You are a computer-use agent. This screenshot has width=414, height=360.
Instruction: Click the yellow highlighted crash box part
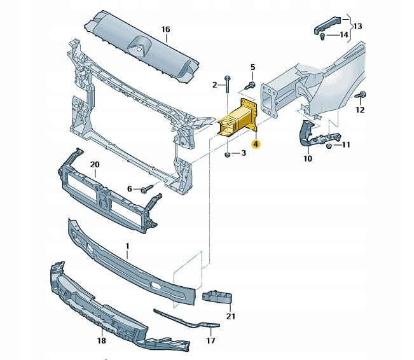[x=237, y=121]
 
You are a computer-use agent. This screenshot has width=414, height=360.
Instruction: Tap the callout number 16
[x=165, y=29]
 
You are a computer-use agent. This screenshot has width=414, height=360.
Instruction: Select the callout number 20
[x=95, y=165]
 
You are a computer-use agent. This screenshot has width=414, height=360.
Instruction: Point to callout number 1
[x=127, y=246]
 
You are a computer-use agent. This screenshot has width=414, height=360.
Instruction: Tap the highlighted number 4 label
[x=255, y=144]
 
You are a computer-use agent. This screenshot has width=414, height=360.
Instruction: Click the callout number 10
[x=307, y=158]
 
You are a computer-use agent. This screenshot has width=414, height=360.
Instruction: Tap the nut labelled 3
[x=227, y=154]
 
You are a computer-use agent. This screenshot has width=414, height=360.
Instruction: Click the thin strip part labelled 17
[x=184, y=321]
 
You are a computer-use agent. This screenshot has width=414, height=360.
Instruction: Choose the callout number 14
[x=344, y=34]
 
